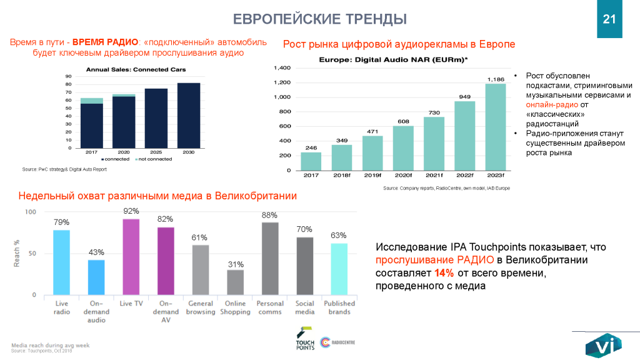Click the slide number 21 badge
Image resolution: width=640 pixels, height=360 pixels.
(x=610, y=19)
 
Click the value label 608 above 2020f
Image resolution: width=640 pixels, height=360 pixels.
(x=403, y=121)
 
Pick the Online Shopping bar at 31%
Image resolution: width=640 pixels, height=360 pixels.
(x=235, y=282)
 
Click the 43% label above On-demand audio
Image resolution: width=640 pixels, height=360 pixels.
(x=96, y=252)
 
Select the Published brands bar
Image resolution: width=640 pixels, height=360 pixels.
(x=339, y=269)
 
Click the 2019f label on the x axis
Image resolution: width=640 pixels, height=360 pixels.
(x=372, y=176)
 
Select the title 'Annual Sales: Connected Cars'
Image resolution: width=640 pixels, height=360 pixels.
(x=136, y=69)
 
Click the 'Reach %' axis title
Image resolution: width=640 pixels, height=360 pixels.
(x=16, y=254)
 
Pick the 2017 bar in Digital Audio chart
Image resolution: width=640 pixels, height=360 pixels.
(x=311, y=161)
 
